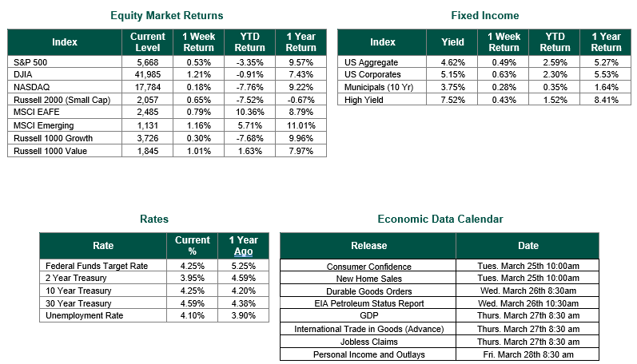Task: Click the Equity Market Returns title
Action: (166, 15)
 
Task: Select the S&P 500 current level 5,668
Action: (148, 62)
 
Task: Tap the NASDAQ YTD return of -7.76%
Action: (250, 87)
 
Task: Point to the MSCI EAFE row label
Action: (37, 112)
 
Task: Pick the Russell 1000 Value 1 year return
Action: (301, 151)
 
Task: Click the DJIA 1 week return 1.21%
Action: (199, 75)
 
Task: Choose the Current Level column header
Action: (148, 42)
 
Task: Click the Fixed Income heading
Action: (485, 15)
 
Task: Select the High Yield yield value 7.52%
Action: (453, 100)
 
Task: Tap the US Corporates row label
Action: (372, 75)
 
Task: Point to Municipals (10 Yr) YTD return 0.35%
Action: (555, 87)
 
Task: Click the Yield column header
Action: (452, 42)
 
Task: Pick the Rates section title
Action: (154, 220)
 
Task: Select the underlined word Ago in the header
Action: (243, 251)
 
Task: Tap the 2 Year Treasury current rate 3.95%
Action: (192, 279)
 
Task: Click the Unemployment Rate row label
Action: (84, 316)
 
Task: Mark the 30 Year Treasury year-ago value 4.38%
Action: (243, 303)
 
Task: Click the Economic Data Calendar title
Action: (440, 220)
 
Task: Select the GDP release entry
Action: (369, 316)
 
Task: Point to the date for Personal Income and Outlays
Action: (528, 354)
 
